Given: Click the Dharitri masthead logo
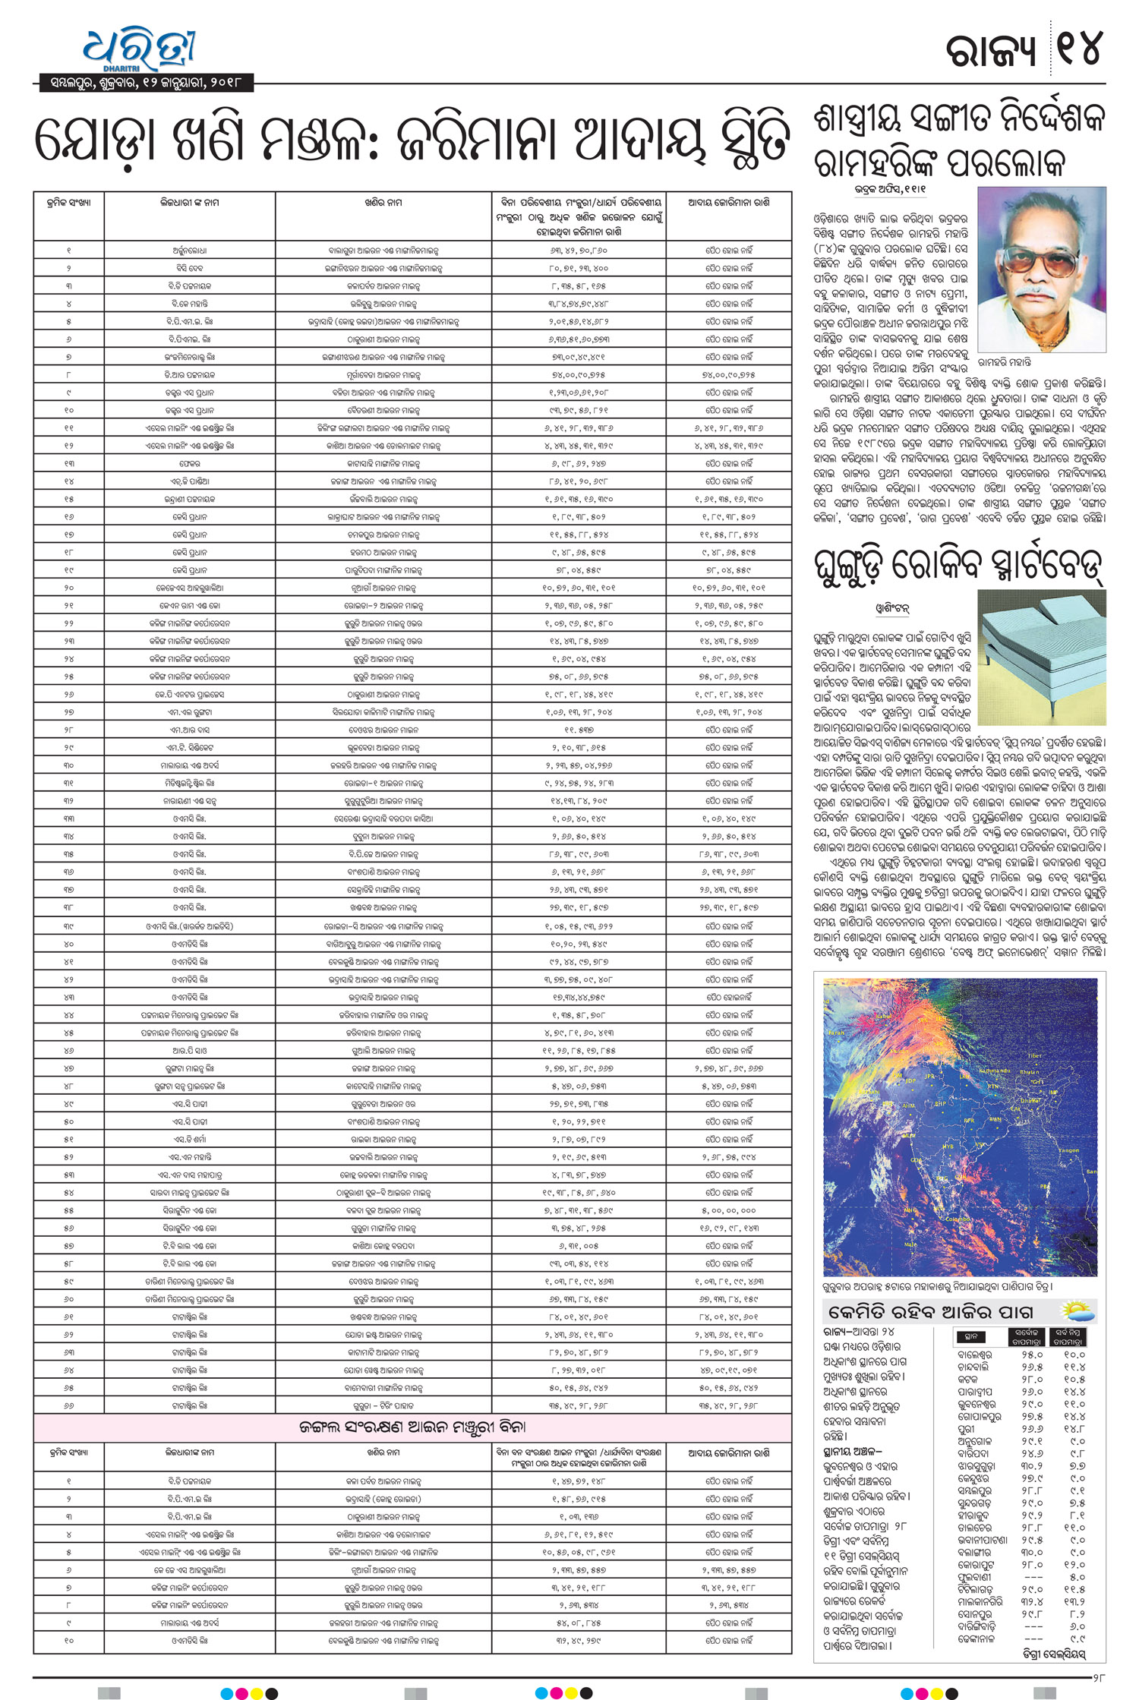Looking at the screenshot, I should pos(140,50).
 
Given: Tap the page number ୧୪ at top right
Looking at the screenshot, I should pos(1079,50).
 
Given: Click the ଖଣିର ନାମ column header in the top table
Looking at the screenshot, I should pos(383,203).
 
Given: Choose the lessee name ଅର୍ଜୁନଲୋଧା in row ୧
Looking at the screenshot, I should pos(189,250).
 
